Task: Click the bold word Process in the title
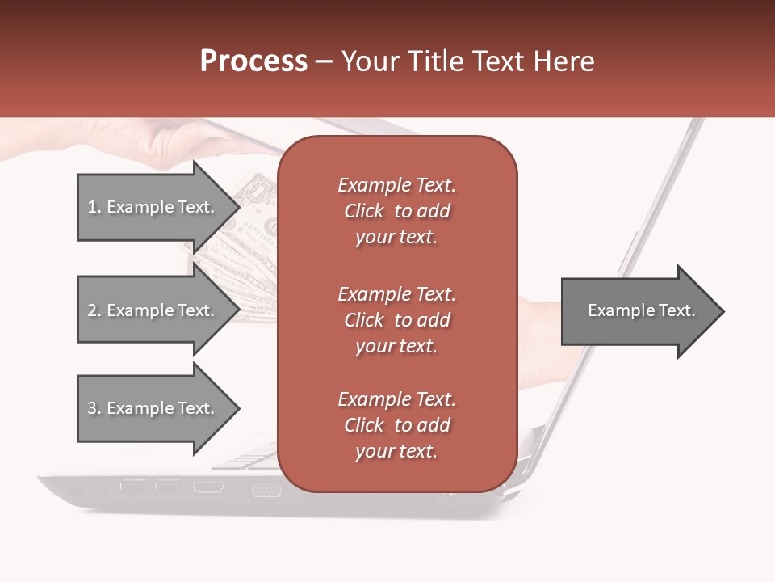(x=253, y=61)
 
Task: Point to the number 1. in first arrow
(x=94, y=207)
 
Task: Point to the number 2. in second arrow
(x=94, y=310)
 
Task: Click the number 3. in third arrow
(x=94, y=408)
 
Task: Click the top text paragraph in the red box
(x=396, y=211)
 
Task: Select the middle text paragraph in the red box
(x=396, y=320)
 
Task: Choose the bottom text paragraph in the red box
(x=396, y=425)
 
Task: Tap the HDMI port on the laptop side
(x=207, y=487)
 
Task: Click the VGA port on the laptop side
(x=266, y=489)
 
